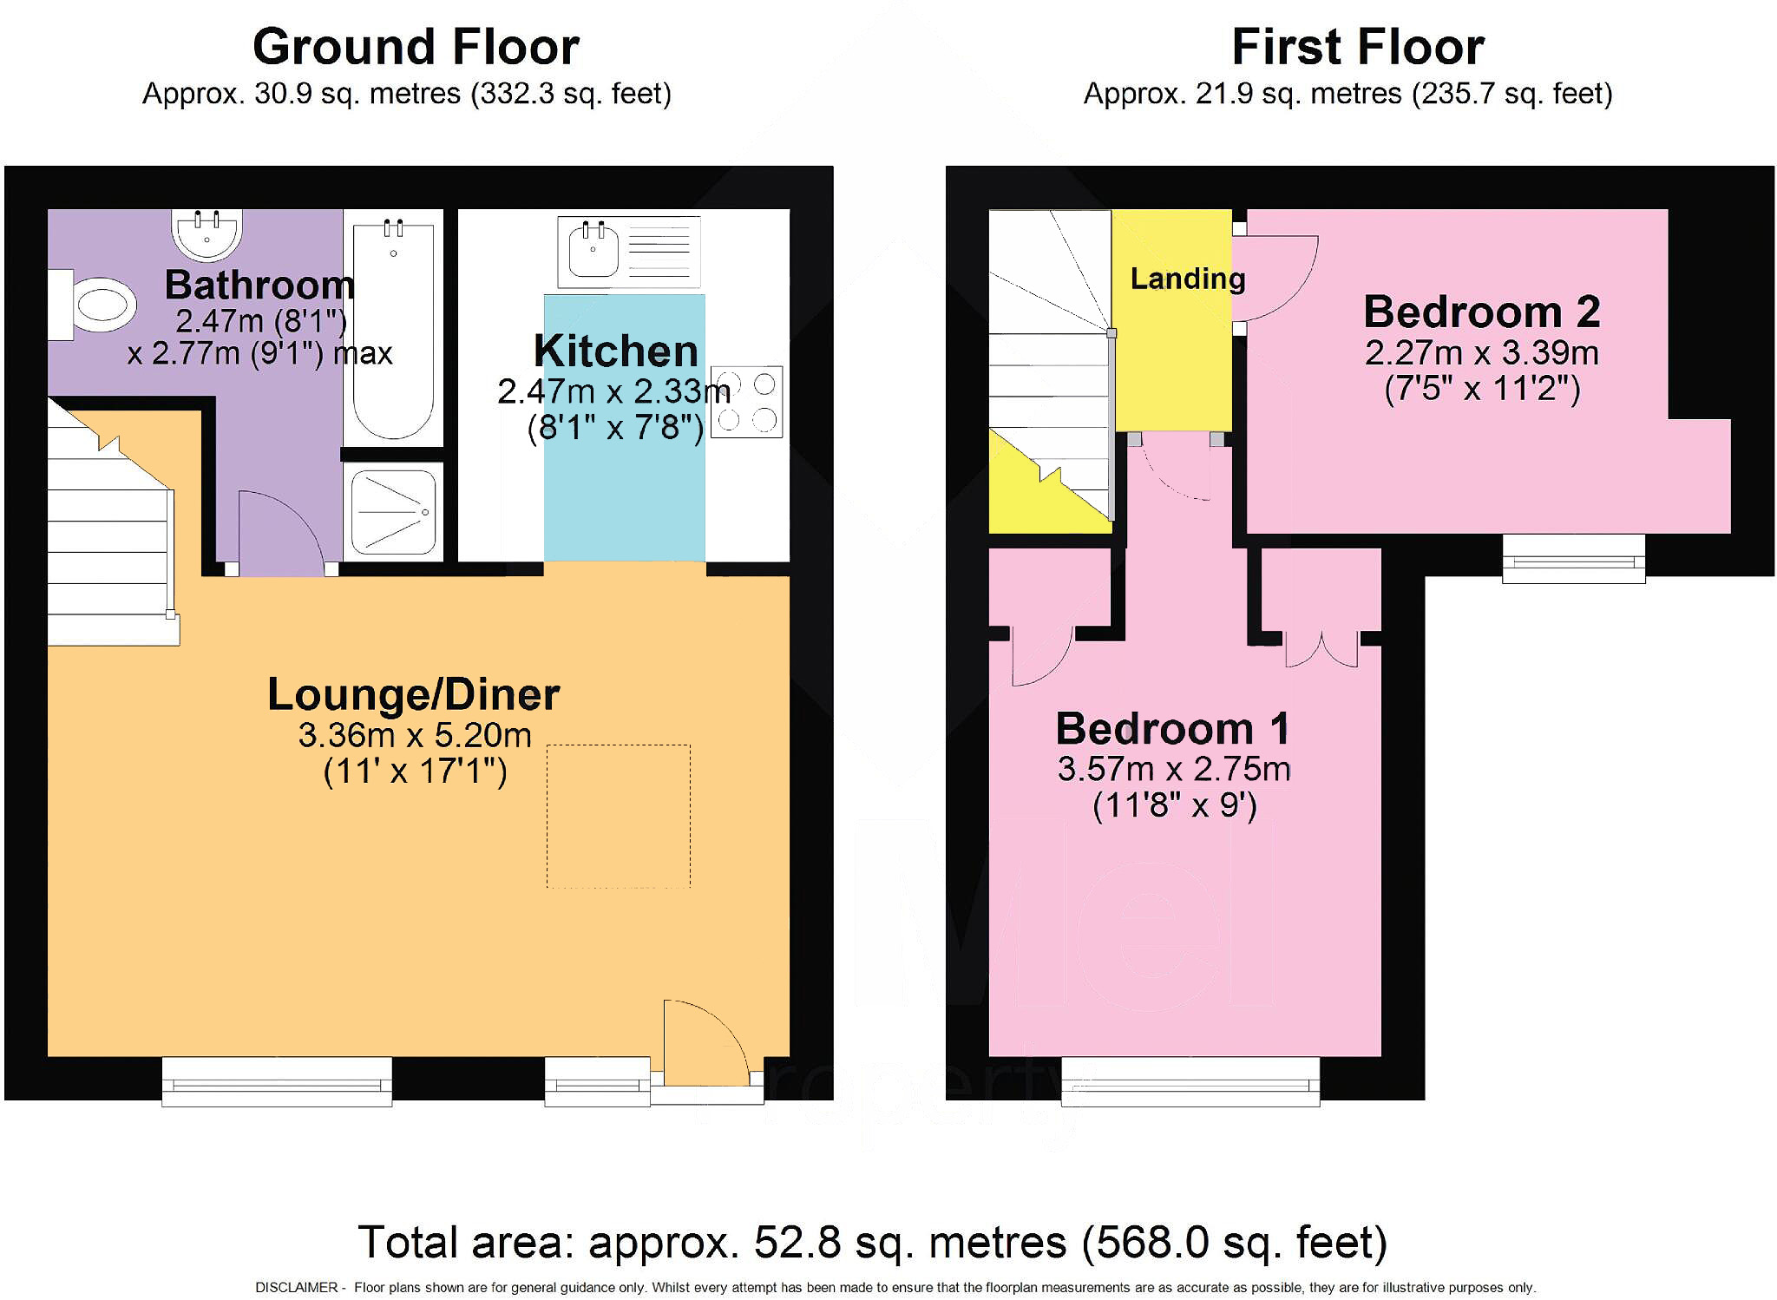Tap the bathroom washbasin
(x=207, y=233)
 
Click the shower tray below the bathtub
(x=394, y=512)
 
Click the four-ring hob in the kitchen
(x=747, y=402)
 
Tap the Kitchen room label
(x=616, y=351)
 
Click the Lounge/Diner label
(x=414, y=694)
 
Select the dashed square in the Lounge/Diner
(x=619, y=816)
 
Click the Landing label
(x=1188, y=279)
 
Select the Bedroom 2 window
(x=1574, y=558)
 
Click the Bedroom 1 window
(x=1190, y=1081)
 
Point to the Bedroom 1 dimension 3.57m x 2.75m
(x=1174, y=769)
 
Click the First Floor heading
(x=1358, y=47)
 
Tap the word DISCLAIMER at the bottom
(x=297, y=1288)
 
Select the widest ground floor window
(x=277, y=1081)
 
